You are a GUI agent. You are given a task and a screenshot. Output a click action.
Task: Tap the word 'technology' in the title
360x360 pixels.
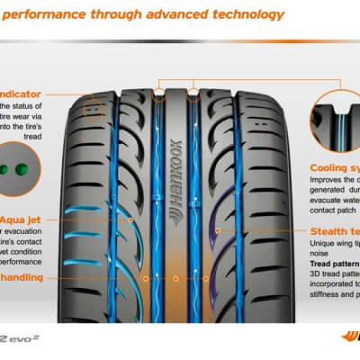click(249, 14)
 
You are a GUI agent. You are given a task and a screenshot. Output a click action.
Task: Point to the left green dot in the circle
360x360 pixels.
click(14, 168)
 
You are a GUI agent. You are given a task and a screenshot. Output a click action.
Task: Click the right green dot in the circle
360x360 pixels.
click(32, 168)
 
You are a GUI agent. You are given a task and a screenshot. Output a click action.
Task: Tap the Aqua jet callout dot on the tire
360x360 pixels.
click(131, 219)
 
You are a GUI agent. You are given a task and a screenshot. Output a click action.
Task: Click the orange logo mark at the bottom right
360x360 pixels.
click(350, 342)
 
